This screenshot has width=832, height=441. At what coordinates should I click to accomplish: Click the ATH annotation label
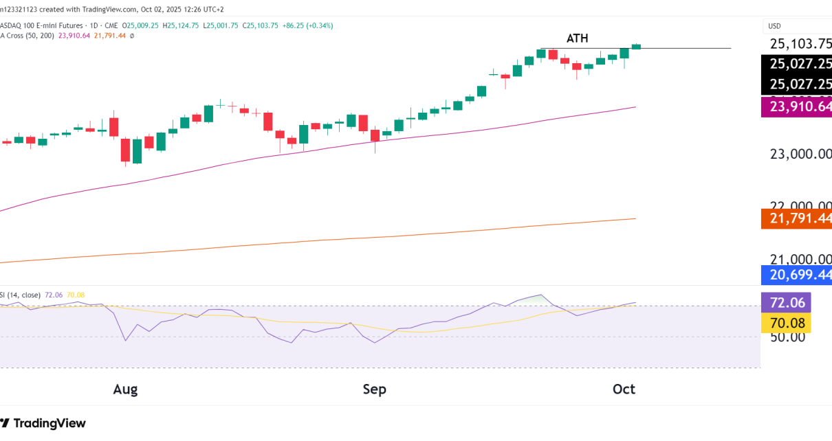[x=577, y=38]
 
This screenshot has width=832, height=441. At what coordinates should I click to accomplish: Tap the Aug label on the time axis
[x=125, y=389]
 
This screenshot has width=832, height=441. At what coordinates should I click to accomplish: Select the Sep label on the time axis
[x=374, y=389]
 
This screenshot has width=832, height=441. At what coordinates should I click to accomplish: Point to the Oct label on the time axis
[x=624, y=389]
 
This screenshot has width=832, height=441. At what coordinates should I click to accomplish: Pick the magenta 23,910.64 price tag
[x=797, y=106]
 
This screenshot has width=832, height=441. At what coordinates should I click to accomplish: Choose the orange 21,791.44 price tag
[x=797, y=218]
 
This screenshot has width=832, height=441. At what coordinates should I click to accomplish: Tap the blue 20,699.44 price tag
[x=797, y=275]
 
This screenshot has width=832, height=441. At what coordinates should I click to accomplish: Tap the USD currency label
[x=774, y=26]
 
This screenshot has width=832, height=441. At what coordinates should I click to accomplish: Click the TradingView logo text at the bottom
[x=50, y=423]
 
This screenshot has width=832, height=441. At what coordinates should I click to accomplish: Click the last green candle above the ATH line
[x=636, y=46]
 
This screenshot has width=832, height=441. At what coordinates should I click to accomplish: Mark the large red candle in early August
[x=126, y=150]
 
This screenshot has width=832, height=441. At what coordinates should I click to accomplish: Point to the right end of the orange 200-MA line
[x=635, y=219]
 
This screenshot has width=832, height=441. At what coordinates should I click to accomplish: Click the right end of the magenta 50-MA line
[x=635, y=107]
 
